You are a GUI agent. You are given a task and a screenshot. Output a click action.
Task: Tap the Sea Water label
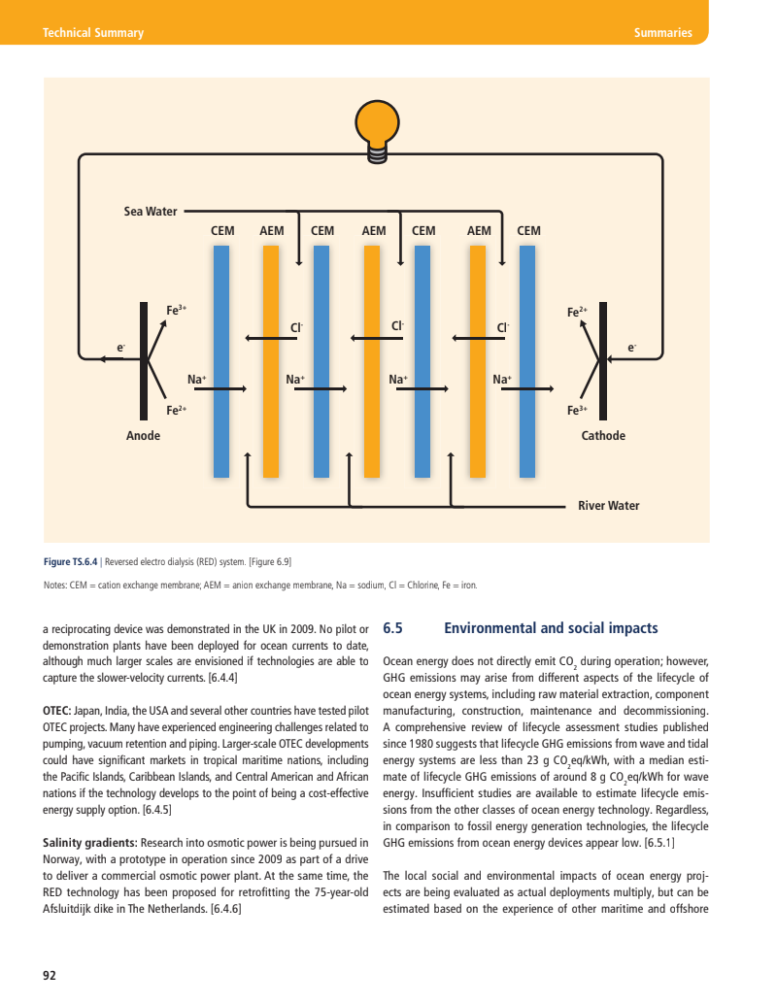tap(151, 211)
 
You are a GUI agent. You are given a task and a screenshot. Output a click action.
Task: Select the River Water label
tap(609, 506)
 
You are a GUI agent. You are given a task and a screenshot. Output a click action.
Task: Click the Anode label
tap(144, 436)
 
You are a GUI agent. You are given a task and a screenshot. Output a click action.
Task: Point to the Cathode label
tap(603, 436)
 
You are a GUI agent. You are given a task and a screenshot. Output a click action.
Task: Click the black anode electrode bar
tap(144, 360)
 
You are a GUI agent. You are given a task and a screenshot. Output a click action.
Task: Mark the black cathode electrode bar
tap(602, 360)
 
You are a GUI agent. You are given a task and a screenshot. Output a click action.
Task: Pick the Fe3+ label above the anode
tap(176, 311)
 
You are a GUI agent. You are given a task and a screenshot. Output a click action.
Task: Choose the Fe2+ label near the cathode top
tap(577, 312)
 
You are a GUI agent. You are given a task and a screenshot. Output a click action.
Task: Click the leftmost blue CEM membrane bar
tap(221, 360)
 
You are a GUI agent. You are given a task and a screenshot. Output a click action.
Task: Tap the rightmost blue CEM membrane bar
tap(527, 360)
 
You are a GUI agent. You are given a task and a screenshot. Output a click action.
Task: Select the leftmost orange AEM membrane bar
tap(272, 360)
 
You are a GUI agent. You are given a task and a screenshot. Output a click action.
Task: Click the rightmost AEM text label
tap(479, 231)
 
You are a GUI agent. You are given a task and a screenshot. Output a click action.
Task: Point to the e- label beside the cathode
tap(632, 346)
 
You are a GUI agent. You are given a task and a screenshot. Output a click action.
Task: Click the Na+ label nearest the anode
tap(197, 379)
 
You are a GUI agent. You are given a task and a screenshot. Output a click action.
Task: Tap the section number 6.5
tap(394, 628)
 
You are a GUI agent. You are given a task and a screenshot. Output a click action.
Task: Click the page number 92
tap(49, 975)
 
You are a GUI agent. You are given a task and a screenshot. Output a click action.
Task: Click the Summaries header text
tap(662, 33)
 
